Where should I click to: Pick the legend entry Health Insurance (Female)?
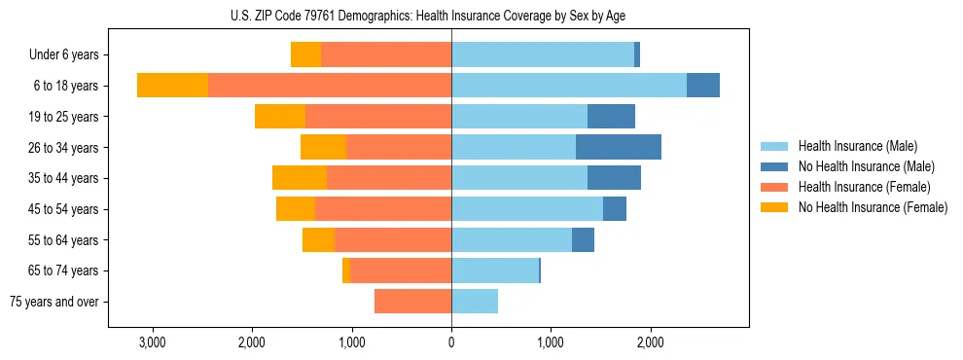[864, 187]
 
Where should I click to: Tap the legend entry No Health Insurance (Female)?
[872, 207]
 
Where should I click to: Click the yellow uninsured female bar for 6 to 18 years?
[172, 86]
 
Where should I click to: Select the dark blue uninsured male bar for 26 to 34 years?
[619, 147]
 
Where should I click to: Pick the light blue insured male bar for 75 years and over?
[475, 302]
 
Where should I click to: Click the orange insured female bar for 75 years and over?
[412, 302]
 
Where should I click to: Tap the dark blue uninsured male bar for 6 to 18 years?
[703, 86]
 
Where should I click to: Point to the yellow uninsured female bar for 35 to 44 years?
[299, 178]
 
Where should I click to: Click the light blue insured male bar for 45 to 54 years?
[527, 209]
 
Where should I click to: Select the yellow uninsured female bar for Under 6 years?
[305, 55]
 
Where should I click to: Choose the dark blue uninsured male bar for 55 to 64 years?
[583, 239]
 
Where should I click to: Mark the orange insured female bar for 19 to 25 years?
[378, 117]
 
